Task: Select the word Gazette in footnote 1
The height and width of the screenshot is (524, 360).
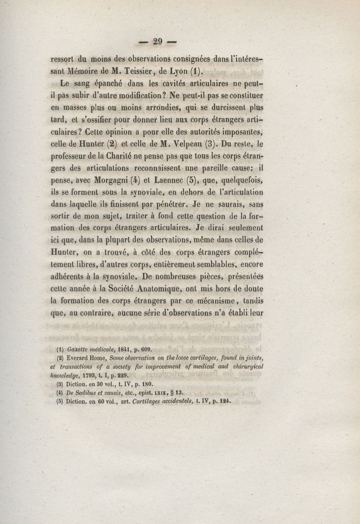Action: (x=80, y=348)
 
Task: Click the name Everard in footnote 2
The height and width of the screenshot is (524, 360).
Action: (x=80, y=358)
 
